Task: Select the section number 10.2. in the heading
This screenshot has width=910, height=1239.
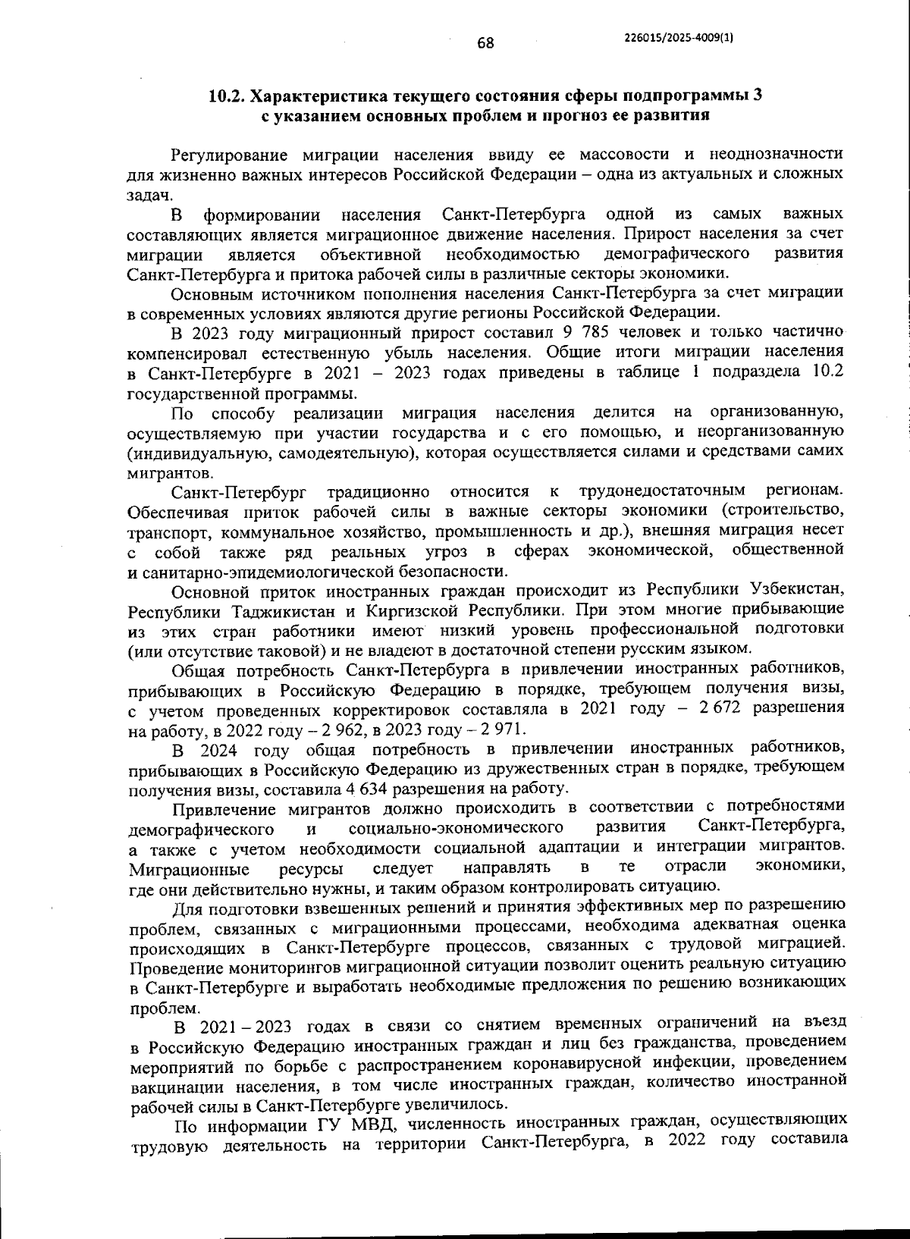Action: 227,96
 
